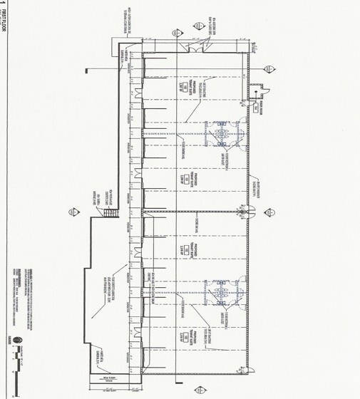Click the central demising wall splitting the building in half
click(x=192, y=212)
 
